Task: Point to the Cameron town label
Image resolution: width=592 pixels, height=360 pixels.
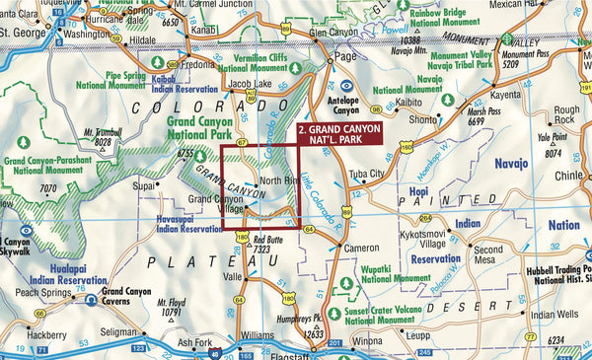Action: [361, 248]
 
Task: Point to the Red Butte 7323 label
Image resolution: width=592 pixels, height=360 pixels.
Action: [269, 246]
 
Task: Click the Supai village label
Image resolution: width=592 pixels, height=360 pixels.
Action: [146, 184]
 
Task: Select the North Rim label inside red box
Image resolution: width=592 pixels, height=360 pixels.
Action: [278, 182]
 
